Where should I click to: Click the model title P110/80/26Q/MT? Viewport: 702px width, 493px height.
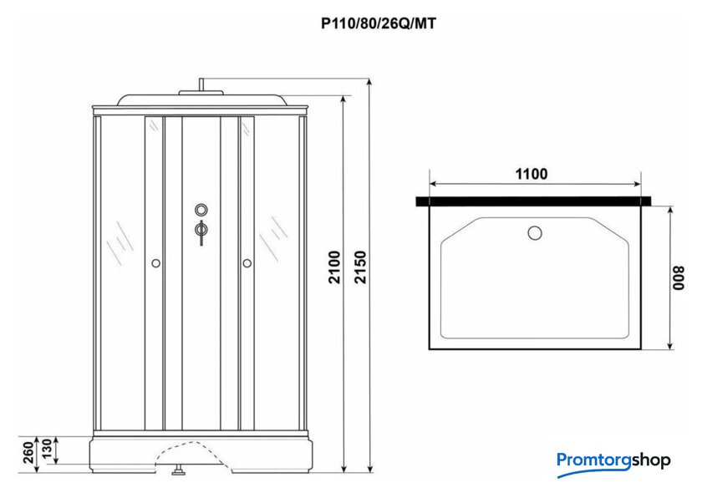[x=379, y=23]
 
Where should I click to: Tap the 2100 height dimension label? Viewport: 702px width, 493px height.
[x=335, y=267]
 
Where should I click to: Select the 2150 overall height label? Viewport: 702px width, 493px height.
[x=360, y=267]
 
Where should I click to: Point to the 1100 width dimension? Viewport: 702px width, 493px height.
[x=532, y=174]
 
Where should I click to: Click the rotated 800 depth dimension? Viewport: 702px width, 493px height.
[x=679, y=278]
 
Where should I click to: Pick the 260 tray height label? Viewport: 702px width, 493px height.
[x=28, y=452]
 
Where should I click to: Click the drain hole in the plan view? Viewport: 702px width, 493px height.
[x=535, y=233]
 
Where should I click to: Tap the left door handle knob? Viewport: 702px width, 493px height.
[x=155, y=263]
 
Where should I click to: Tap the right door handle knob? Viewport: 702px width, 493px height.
[x=247, y=263]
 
